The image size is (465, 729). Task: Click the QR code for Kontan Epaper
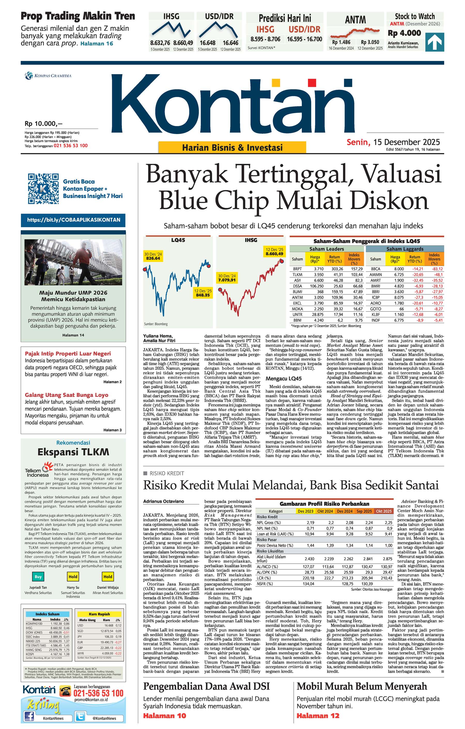click(43, 189)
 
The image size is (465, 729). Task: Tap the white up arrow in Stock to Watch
click(435, 42)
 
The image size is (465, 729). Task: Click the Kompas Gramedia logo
click(48, 76)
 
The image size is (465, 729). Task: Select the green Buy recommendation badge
click(38, 576)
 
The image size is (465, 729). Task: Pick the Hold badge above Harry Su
click(73, 576)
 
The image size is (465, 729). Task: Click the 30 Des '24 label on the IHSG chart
click(227, 278)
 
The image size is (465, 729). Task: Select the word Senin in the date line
click(358, 142)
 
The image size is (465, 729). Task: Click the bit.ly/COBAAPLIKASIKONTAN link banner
click(73, 220)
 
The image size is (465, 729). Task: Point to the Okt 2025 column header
click(384, 511)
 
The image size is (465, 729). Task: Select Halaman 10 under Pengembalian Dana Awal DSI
click(165, 716)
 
